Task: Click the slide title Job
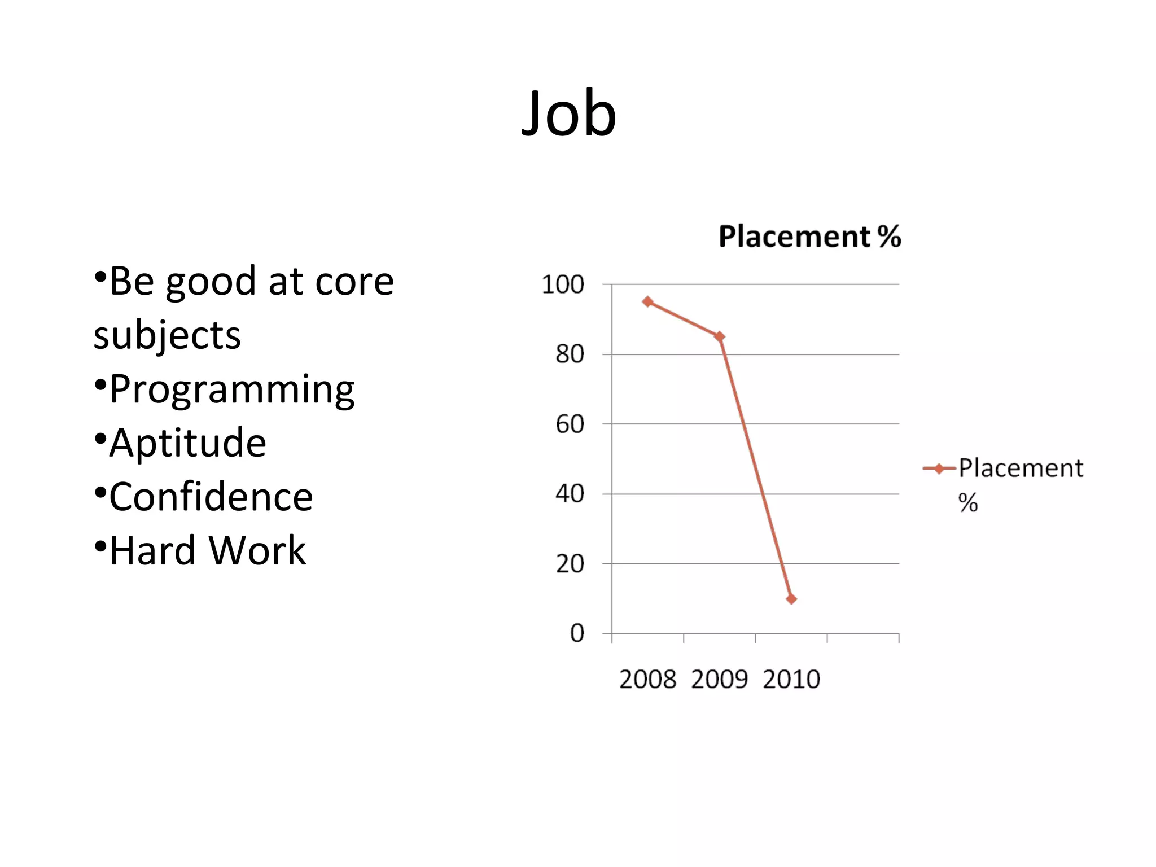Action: (x=568, y=114)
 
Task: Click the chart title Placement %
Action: (x=809, y=237)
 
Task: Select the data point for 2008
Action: (x=648, y=302)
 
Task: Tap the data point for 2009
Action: (x=720, y=337)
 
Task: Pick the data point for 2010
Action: (x=791, y=599)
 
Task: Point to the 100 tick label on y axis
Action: (x=563, y=285)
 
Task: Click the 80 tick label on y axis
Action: (x=570, y=355)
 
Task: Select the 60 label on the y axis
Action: (x=570, y=424)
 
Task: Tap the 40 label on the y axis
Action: (x=570, y=494)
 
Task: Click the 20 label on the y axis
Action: (x=570, y=564)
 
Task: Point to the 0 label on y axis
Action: (x=577, y=634)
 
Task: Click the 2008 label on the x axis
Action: (x=647, y=680)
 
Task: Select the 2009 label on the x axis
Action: (x=719, y=680)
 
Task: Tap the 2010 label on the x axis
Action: (x=791, y=680)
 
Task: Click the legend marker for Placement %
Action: (x=939, y=468)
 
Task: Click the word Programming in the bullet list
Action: (x=232, y=389)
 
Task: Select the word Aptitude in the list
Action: (x=187, y=443)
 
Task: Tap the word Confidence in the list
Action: (x=211, y=497)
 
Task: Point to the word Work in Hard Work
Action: (x=257, y=551)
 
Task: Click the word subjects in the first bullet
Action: (x=167, y=336)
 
